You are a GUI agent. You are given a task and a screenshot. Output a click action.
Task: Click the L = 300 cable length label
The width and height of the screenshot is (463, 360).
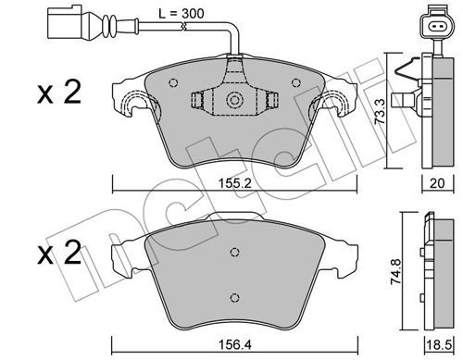point(181,14)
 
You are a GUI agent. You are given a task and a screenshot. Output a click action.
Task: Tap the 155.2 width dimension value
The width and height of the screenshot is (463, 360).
point(235,183)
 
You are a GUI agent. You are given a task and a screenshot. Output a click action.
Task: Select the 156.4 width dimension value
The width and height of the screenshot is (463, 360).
point(235,345)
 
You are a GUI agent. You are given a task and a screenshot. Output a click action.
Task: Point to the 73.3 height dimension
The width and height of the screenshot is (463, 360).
point(380,111)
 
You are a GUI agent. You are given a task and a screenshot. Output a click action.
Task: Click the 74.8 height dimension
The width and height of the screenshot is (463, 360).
point(396,271)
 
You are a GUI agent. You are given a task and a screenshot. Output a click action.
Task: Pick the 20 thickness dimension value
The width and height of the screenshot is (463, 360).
point(437,183)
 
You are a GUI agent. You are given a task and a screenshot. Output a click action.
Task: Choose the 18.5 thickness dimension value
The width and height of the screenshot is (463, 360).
point(438,345)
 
